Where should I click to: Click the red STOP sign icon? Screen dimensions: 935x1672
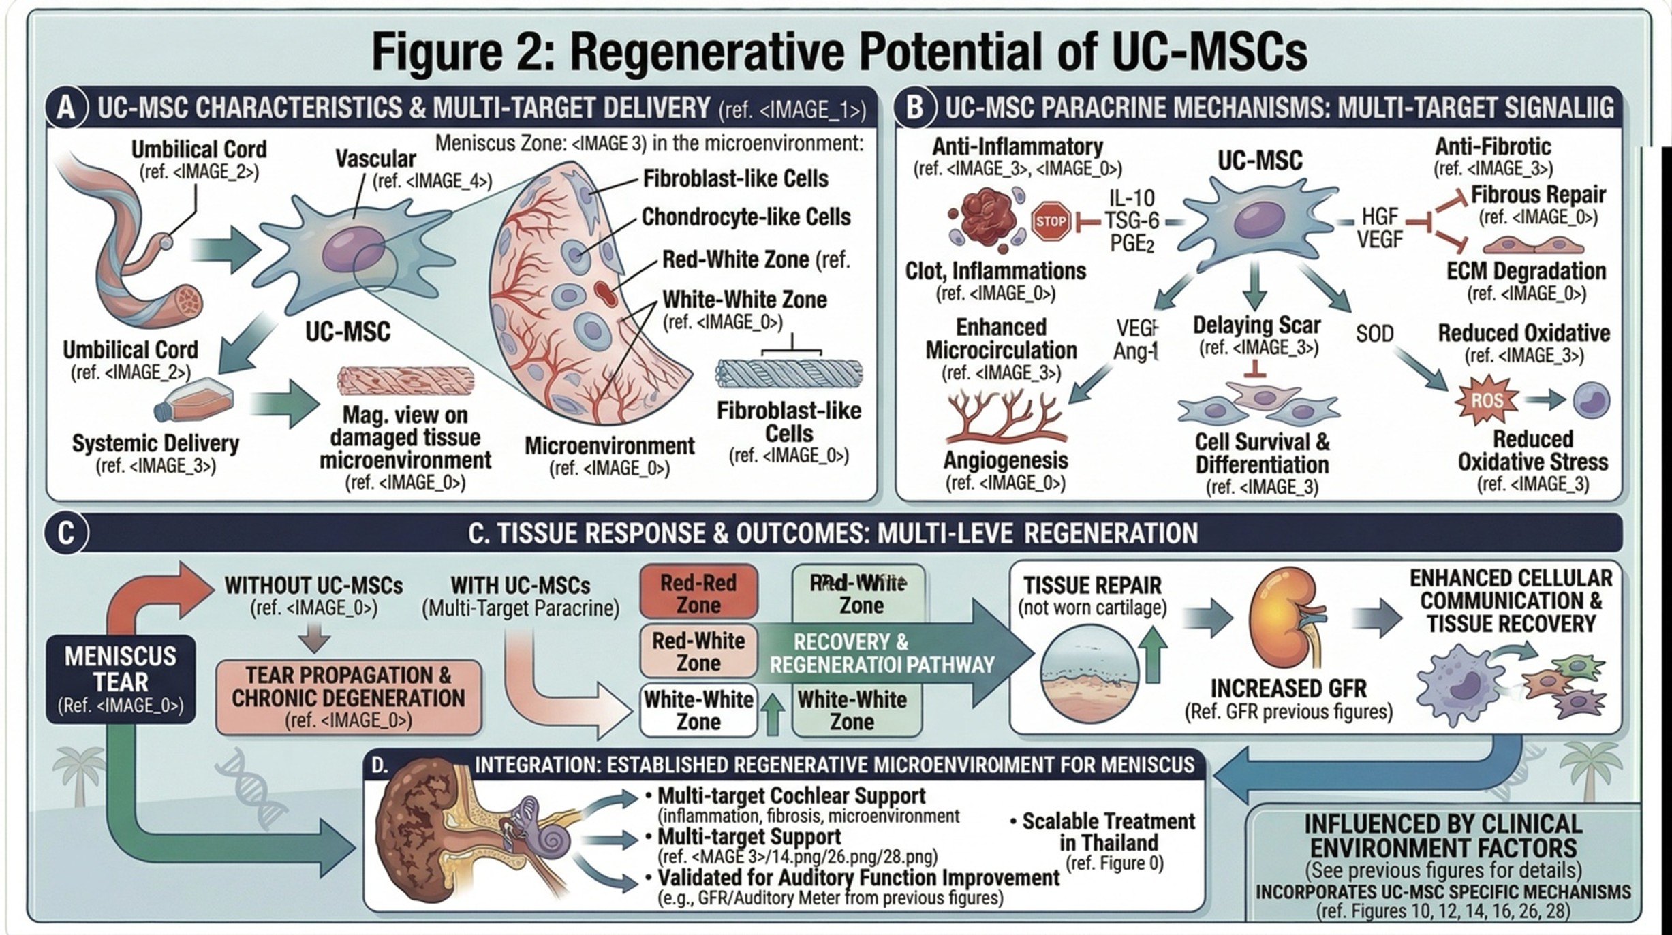1051,221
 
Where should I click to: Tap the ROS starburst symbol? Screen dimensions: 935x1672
1487,400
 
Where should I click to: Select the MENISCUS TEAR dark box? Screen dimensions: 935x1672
121,679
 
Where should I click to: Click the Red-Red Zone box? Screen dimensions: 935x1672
698,593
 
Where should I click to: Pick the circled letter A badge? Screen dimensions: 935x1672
66,108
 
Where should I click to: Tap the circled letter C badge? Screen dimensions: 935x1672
66,533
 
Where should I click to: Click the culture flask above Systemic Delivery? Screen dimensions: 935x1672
196,402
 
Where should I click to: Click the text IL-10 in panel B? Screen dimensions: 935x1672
1132,198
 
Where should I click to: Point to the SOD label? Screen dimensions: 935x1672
1374,334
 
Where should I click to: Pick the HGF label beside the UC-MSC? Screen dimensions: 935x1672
1380,217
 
